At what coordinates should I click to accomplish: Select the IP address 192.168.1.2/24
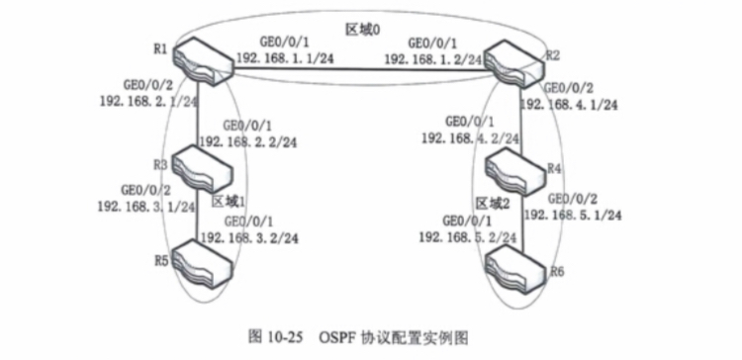(433, 58)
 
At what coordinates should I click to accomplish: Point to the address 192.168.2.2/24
(248, 141)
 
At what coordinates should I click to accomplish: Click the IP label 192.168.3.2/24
(249, 237)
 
